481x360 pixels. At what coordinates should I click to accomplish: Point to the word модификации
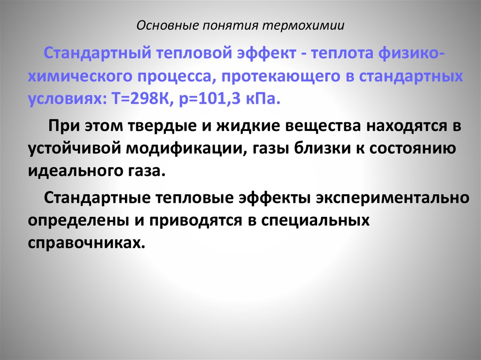[x=183, y=149]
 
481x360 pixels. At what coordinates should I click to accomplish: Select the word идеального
[x=76, y=172]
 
